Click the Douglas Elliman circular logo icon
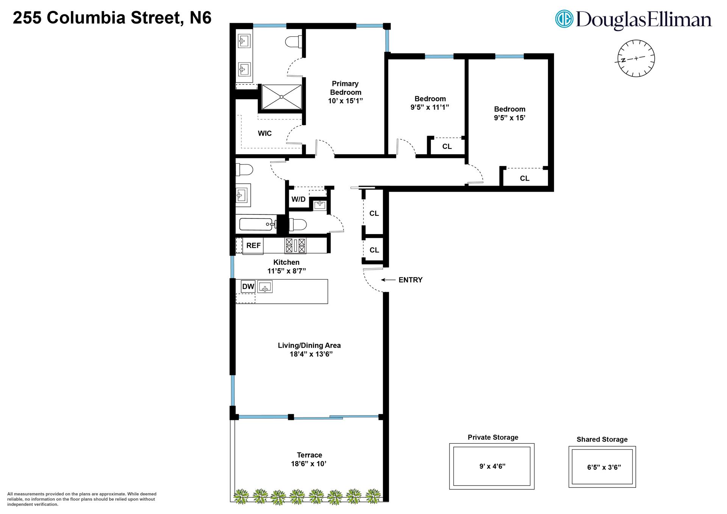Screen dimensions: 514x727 tap(564, 19)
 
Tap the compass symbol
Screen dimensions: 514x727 tap(636, 58)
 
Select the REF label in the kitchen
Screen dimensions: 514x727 tap(253, 245)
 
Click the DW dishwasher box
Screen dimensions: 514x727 tap(248, 286)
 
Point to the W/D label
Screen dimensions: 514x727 tap(298, 199)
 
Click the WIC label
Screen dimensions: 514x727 tap(265, 133)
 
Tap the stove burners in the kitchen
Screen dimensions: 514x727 tap(295, 245)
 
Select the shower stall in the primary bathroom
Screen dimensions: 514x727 tap(282, 97)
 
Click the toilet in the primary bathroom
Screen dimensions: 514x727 tap(293, 42)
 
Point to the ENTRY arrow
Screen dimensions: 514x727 tap(388, 280)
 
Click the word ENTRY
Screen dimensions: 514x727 tap(410, 280)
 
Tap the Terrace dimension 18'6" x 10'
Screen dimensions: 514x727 tap(309, 464)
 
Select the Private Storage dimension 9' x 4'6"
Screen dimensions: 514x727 tap(492, 466)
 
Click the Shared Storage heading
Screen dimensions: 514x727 tap(602, 439)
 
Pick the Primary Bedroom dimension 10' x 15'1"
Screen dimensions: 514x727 tap(345, 101)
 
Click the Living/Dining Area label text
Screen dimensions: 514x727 tap(309, 345)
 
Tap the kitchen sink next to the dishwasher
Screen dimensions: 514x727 tap(265, 287)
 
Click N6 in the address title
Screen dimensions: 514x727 tap(200, 18)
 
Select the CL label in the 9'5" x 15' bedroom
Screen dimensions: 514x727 tap(524, 178)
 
